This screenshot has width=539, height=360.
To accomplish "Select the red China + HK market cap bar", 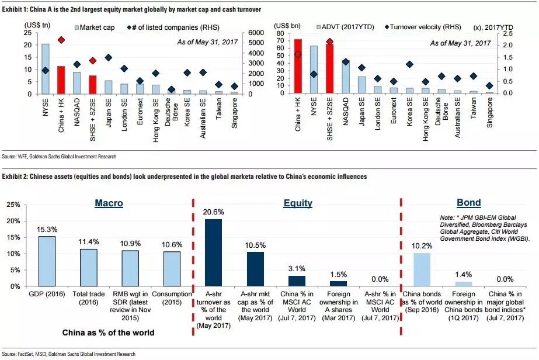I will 61,80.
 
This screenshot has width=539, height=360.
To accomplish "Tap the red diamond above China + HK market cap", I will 61,40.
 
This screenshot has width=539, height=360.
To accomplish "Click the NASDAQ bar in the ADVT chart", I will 345,77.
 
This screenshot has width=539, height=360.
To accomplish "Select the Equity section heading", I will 297,203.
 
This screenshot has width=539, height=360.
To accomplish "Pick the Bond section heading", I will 468,203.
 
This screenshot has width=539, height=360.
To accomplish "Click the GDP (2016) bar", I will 47,261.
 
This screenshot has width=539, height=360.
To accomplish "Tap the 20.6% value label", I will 213,212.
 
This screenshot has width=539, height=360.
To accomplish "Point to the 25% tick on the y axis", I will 13,205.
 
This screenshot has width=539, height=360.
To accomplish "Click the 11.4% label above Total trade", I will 89,243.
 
